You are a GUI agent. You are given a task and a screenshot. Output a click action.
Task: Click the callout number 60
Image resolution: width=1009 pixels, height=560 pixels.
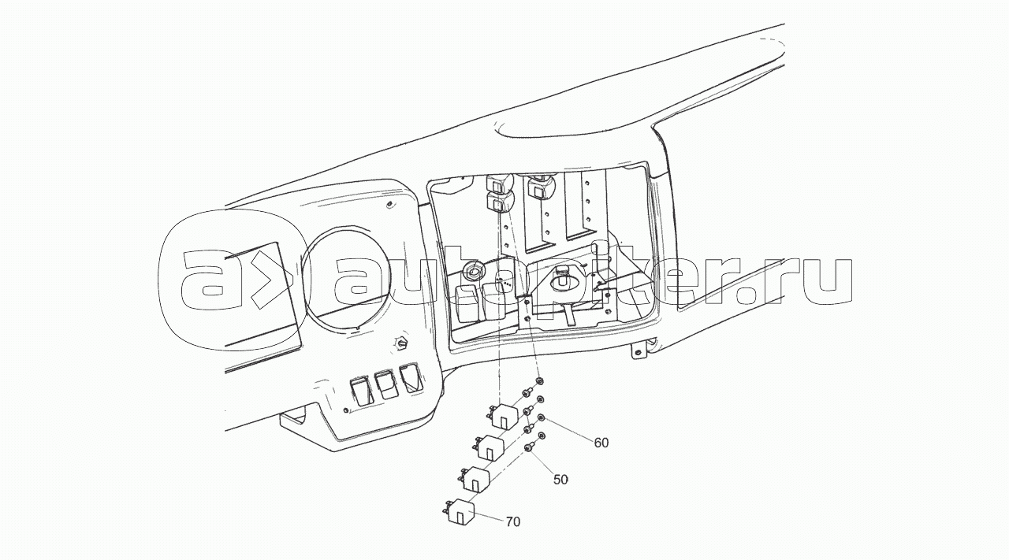(x=601, y=443)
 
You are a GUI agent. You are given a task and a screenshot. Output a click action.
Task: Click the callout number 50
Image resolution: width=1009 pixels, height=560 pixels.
(x=560, y=479)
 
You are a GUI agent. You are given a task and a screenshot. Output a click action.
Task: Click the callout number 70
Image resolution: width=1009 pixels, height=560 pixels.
(x=512, y=521)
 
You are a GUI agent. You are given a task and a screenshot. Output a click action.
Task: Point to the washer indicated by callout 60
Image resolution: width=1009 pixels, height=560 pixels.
(x=542, y=418)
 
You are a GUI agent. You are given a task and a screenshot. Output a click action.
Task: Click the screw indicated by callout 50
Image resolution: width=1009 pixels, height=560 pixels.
(x=527, y=447)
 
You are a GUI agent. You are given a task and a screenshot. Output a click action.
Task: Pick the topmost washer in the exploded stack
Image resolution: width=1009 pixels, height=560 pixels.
(x=539, y=382)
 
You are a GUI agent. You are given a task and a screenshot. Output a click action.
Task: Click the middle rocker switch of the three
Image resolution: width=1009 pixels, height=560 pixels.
(x=385, y=384)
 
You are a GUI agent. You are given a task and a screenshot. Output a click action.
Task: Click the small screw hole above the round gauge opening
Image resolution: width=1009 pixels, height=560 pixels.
(x=391, y=206)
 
